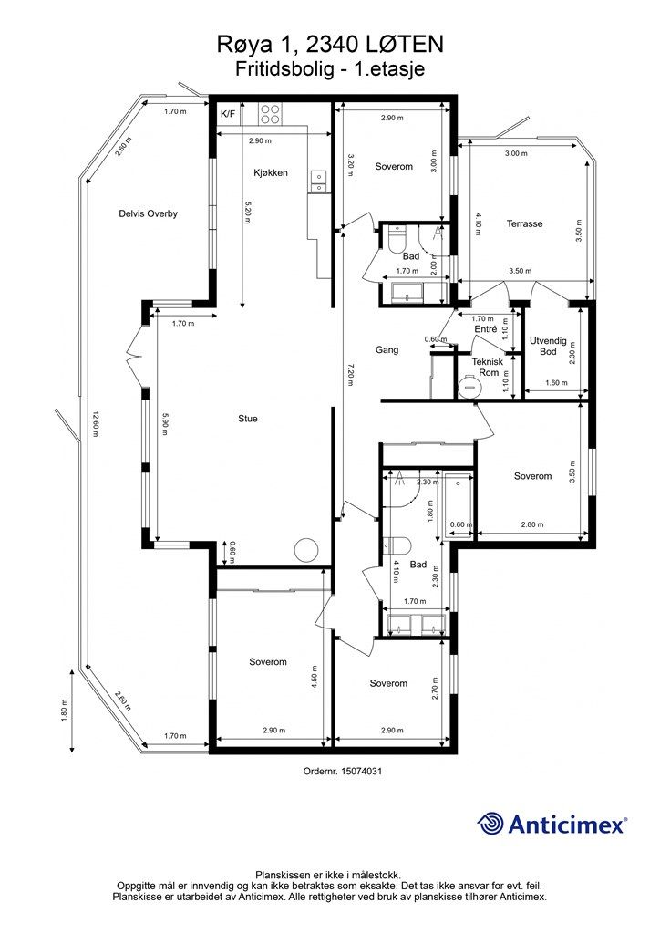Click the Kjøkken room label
coord(271,172)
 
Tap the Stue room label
coord(248,419)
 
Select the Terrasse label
coord(524,224)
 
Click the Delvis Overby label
coord(149,213)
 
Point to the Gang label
coord(387,349)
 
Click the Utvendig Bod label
coord(548,346)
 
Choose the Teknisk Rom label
coord(488,367)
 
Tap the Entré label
coord(486,328)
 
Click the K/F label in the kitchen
coord(227,114)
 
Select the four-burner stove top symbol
coord(270,114)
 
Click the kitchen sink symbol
coord(318,182)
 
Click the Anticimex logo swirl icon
coord(490,825)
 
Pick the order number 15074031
coord(361,771)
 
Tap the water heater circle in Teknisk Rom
coord(469,386)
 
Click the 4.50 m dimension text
coord(315,678)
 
